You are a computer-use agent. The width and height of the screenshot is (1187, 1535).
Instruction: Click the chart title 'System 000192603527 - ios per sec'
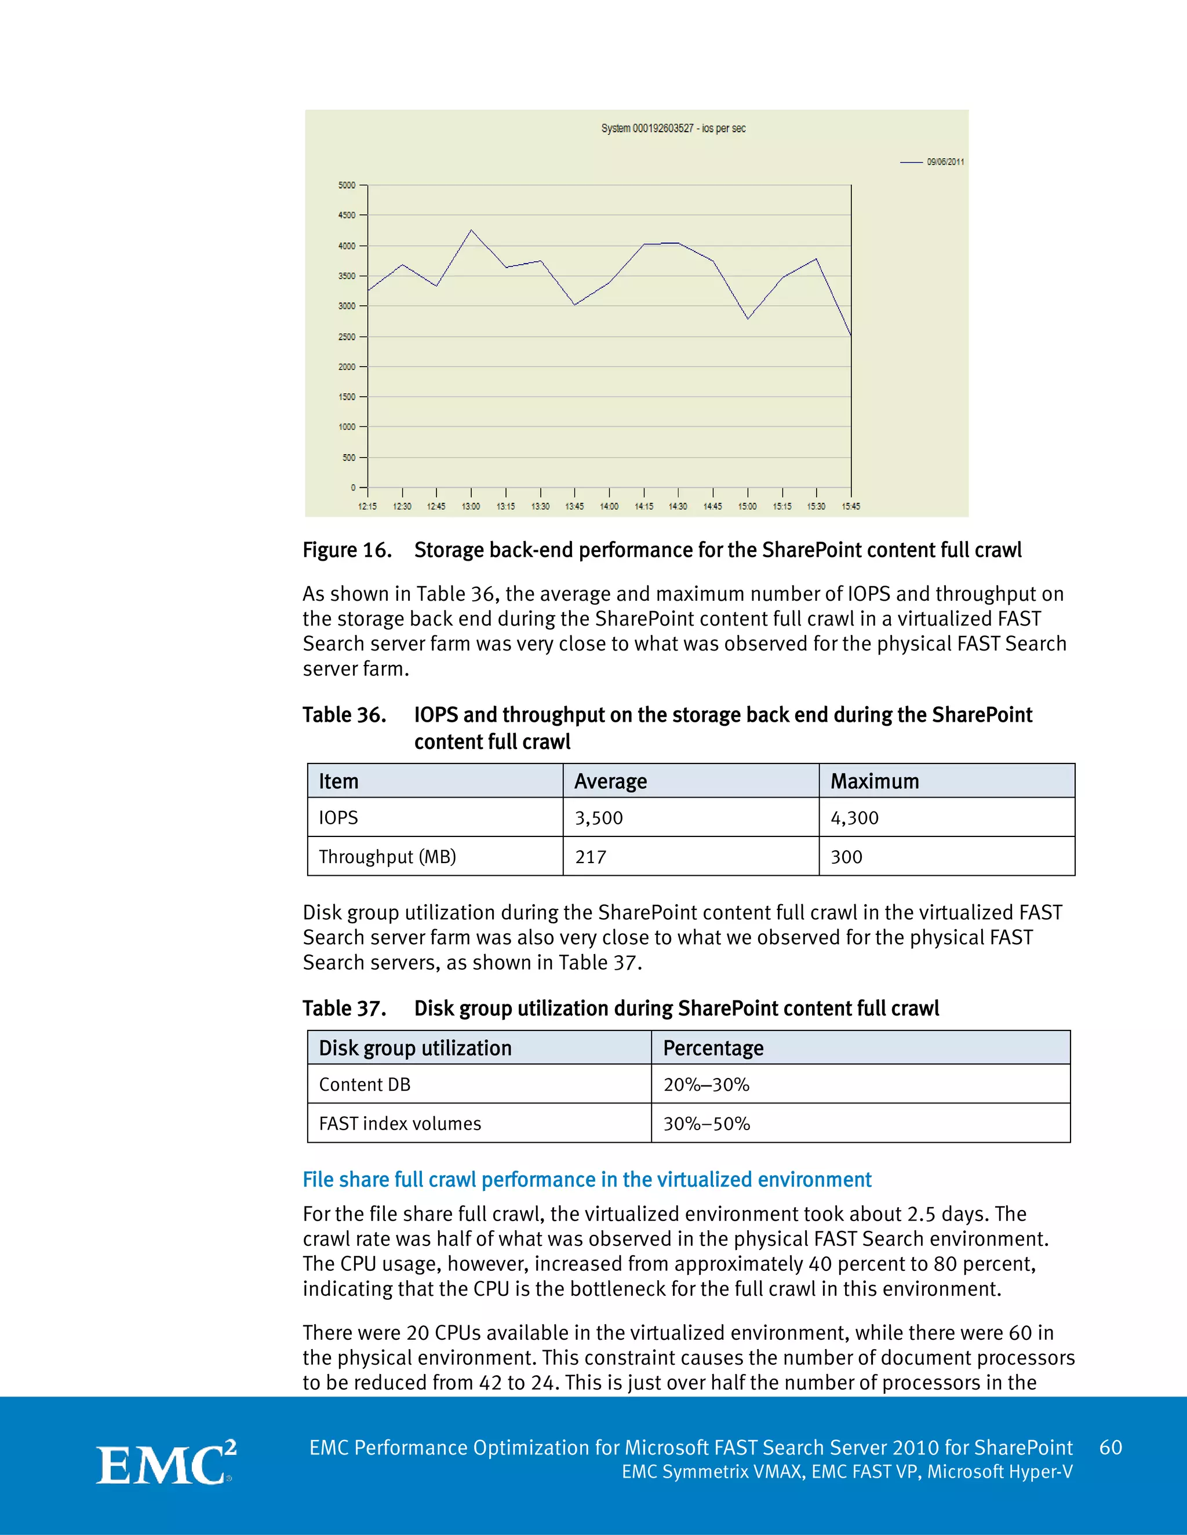673,129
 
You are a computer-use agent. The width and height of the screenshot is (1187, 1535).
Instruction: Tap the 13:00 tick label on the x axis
471,507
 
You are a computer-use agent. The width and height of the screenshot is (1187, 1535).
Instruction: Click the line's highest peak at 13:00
471,230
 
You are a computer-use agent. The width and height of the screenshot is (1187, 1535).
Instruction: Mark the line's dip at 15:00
748,319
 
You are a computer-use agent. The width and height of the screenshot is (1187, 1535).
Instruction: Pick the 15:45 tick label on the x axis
851,507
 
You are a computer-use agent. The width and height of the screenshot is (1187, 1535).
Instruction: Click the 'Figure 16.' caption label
347,550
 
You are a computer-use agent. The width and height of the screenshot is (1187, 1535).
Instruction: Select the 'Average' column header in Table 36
610,781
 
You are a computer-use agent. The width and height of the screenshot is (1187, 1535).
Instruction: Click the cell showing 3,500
598,818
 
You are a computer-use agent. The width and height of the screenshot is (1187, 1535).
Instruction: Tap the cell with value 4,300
854,818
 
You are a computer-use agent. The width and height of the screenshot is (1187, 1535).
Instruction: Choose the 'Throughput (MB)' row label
388,857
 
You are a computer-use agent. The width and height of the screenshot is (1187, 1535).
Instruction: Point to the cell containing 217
591,857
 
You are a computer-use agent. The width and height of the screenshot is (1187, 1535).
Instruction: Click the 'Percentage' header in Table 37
713,1048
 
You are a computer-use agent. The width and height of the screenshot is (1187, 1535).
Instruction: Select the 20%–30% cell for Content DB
706,1084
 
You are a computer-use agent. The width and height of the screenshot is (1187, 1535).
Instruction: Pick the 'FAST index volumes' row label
399,1124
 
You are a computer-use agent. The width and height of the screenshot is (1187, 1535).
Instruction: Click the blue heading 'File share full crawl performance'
587,1179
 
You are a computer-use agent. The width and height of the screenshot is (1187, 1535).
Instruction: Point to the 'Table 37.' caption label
344,1008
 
